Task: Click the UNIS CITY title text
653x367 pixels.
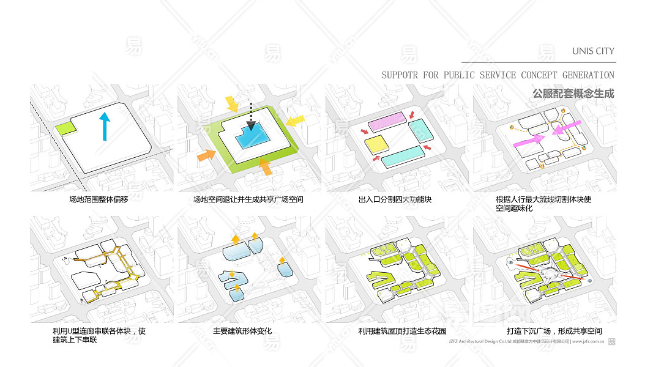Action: [x=593, y=51]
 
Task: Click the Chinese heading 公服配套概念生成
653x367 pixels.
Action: [x=573, y=94]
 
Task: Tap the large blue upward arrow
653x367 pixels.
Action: [x=105, y=126]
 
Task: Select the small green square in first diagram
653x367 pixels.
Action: [x=64, y=128]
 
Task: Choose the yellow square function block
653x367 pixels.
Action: [x=376, y=144]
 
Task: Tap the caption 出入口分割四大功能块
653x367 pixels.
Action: [x=395, y=199]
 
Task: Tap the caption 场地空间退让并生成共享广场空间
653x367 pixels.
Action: [x=248, y=199]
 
